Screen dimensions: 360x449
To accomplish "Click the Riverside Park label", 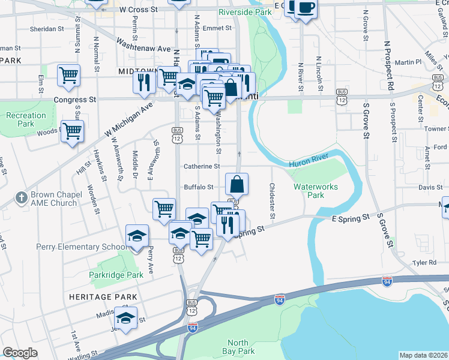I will [x=245, y=11].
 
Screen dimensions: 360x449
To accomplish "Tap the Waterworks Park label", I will [x=316, y=191].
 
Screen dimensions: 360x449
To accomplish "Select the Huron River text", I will [x=308, y=163].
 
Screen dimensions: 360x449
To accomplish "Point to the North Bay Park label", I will [x=241, y=347].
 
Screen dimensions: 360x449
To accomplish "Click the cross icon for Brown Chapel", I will [x=21, y=198].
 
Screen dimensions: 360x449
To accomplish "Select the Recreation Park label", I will [x=26, y=119].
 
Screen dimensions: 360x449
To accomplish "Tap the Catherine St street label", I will [x=202, y=166].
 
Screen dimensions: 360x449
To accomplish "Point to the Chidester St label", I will [x=273, y=201].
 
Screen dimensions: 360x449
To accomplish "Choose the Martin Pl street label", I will [x=408, y=62].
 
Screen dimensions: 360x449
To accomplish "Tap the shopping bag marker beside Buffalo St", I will [x=237, y=184].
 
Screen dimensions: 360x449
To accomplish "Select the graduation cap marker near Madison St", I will [x=126, y=318].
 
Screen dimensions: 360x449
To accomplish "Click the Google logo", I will [x=20, y=353].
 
